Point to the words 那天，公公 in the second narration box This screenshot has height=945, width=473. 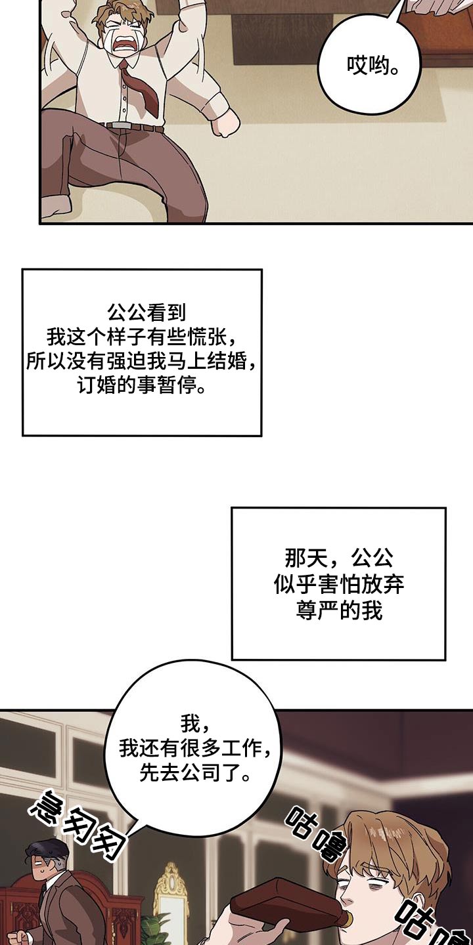[x=339, y=558]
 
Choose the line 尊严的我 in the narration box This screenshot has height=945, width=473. [x=339, y=610]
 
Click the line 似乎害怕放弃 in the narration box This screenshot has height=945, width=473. [x=339, y=584]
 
